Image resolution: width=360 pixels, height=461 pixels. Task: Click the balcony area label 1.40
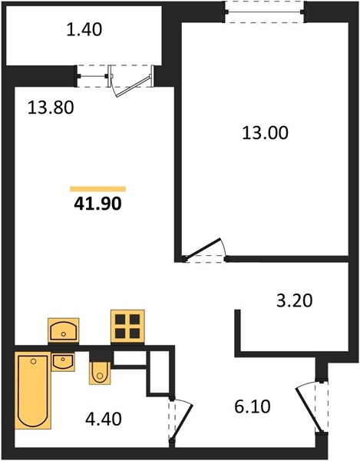84,30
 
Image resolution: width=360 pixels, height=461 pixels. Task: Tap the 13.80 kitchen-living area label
51,108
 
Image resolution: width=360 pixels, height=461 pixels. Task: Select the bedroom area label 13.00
265,133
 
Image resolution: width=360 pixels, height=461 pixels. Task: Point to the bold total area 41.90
97,204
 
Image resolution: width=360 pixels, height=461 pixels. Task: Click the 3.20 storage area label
295,300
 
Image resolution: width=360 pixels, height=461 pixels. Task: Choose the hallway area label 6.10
253,407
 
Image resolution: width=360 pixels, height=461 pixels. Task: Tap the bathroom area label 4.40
104,419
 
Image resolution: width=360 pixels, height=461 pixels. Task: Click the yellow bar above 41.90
97,189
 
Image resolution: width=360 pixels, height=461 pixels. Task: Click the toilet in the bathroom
100,373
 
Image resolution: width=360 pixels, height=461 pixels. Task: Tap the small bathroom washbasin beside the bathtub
63,362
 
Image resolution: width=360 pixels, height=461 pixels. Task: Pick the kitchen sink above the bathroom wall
64,330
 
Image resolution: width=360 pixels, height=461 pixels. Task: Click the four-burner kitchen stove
127,327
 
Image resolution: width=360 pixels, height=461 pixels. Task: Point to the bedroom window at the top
265,12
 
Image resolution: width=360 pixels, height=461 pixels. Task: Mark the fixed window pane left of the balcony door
93,76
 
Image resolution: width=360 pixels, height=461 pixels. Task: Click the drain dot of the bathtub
33,361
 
